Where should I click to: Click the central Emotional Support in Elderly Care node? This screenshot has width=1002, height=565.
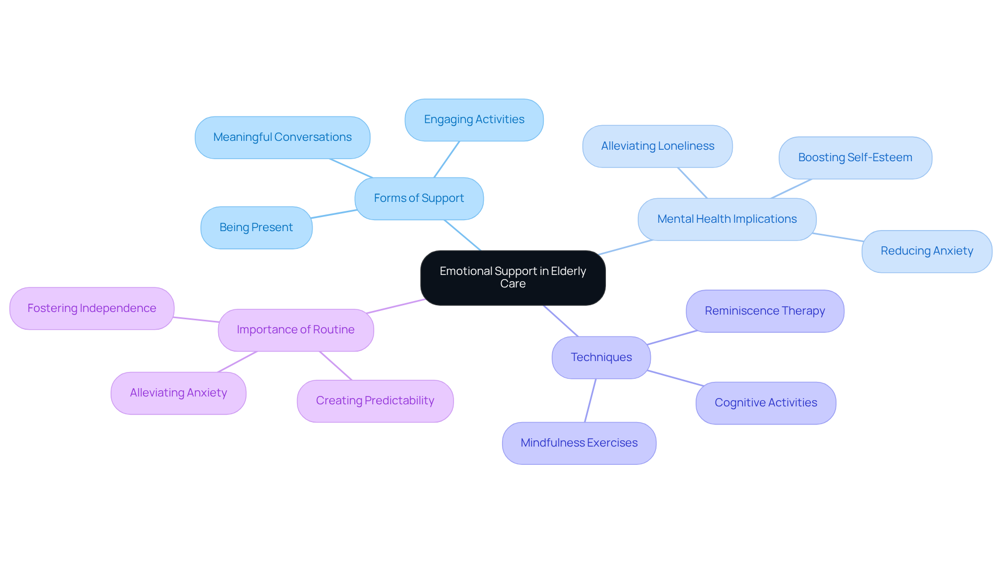coord(512,278)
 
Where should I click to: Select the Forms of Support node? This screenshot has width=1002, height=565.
coord(419,198)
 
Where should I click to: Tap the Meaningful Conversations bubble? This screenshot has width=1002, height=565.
coord(282,137)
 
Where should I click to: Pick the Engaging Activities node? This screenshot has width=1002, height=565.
coord(474,119)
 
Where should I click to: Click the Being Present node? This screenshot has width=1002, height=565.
coord(256,227)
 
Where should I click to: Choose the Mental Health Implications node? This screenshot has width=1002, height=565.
coord(726,219)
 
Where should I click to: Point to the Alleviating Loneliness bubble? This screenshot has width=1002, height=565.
coord(657,146)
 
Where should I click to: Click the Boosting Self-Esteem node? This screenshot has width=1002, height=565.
coord(855,158)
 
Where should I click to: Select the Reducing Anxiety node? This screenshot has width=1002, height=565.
coord(926,251)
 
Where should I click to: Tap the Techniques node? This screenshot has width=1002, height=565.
coord(601,357)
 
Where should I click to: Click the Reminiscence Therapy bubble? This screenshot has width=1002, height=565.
coord(765,311)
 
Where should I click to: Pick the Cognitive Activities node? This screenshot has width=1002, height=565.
coord(766,403)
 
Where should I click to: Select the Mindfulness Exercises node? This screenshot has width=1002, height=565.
coord(579,443)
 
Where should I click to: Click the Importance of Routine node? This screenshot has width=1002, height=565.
coord(295,330)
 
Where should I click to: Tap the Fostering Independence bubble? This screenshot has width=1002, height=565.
coord(92,308)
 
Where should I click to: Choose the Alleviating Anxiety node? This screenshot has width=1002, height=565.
coord(178,393)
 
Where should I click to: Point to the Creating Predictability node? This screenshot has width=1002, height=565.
coord(375,401)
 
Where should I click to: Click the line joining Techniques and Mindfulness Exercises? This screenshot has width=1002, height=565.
coord(590,400)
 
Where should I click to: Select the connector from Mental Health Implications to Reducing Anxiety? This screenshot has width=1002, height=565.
coord(838,237)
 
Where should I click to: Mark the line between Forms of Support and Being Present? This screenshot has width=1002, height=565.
coord(334,214)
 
